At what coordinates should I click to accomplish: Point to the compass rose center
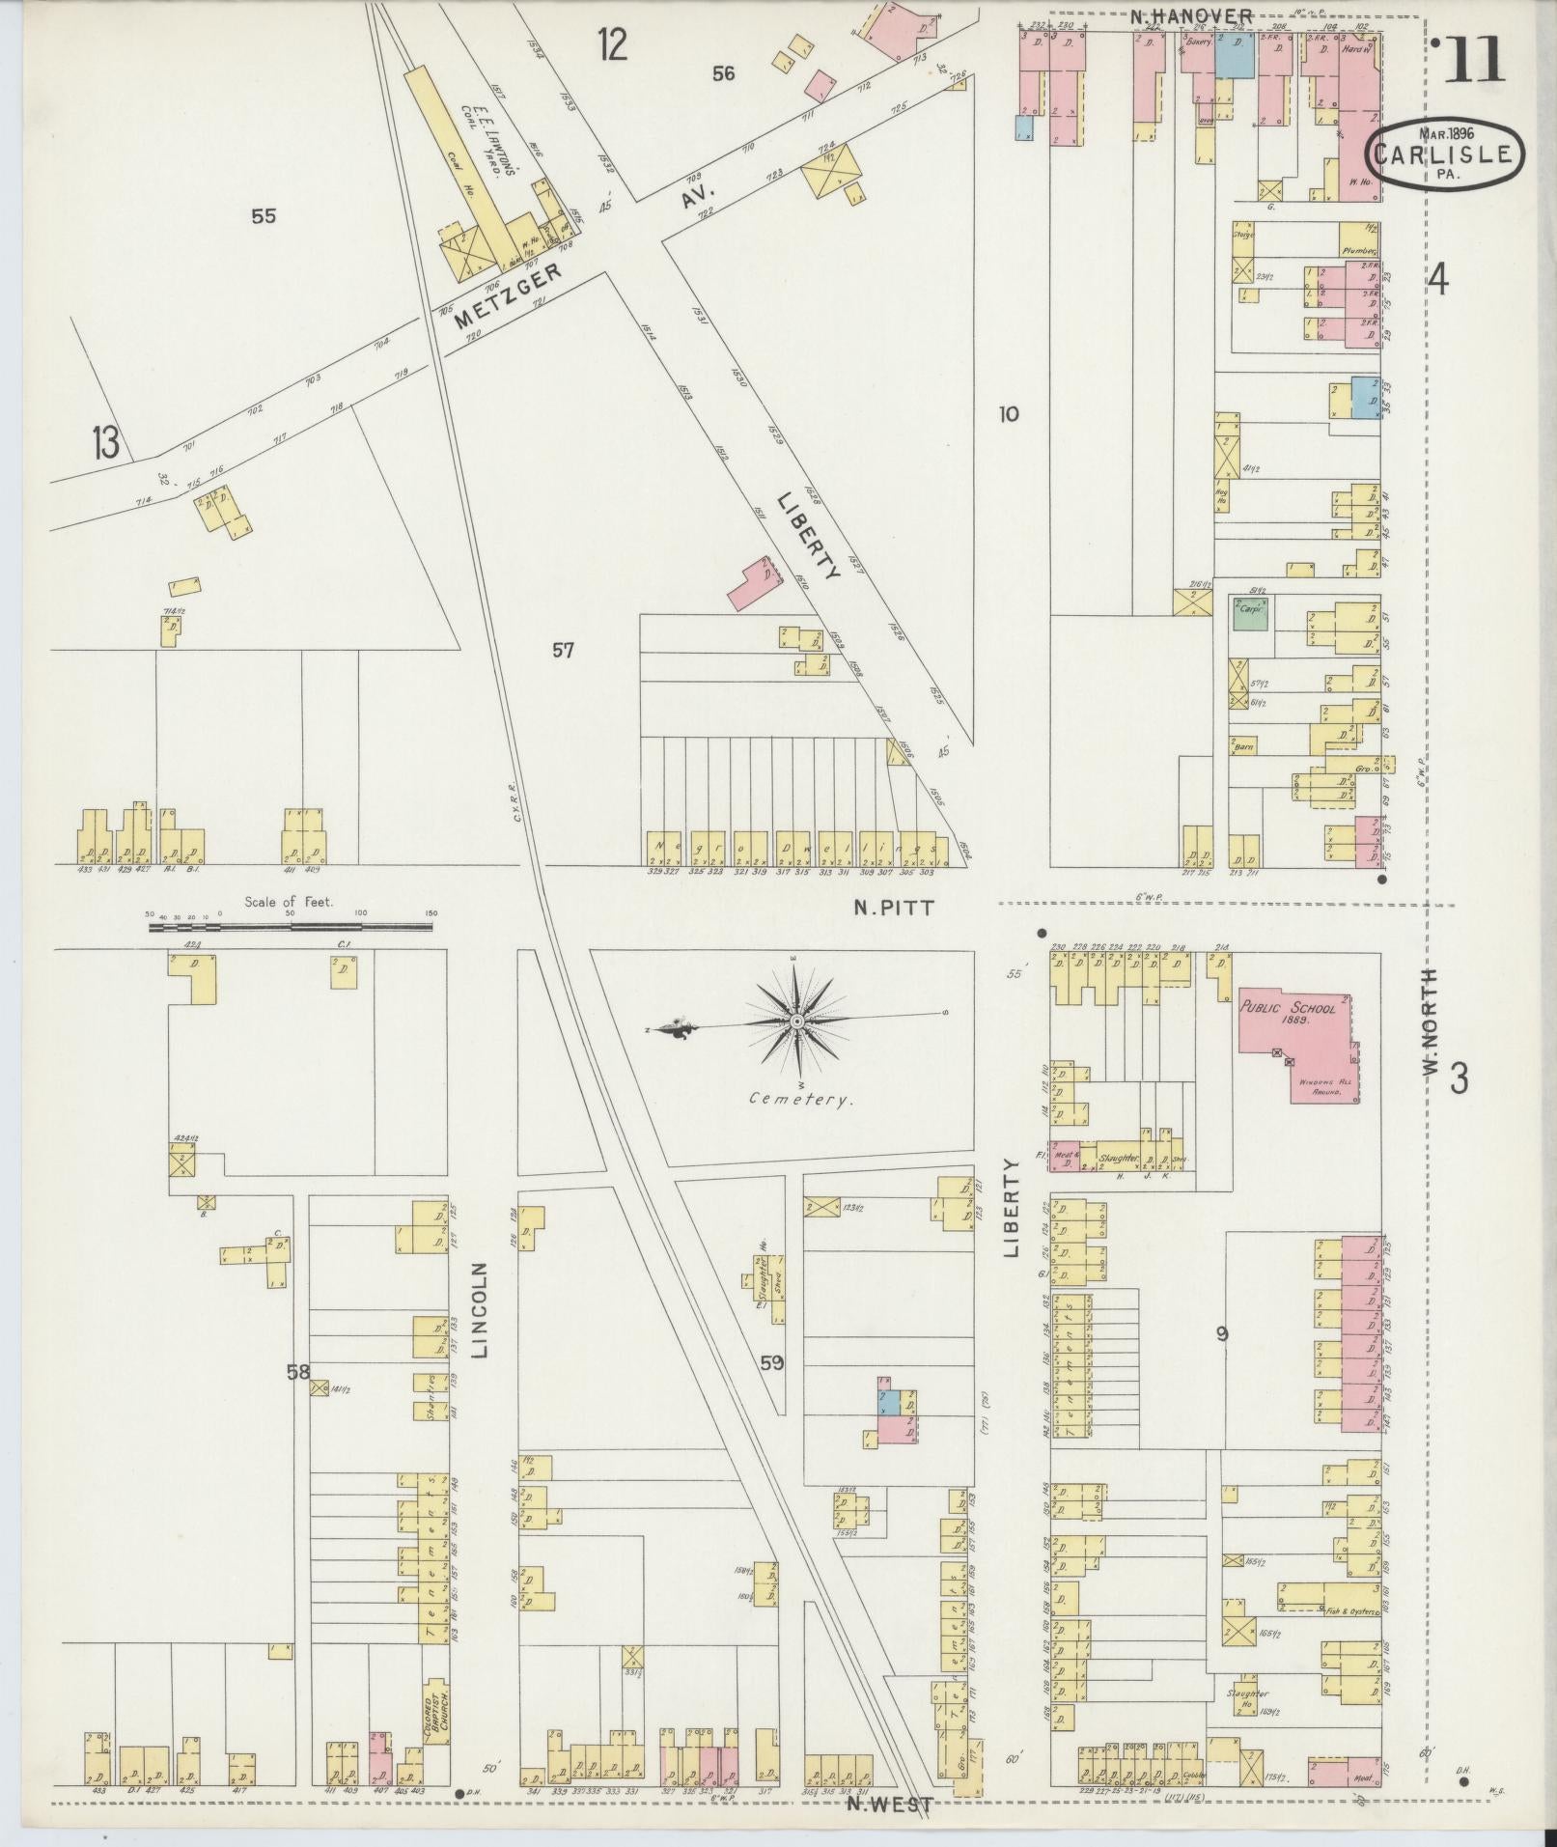[797, 1021]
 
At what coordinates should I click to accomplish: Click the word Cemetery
[800, 1099]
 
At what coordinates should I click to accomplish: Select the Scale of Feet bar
[290, 927]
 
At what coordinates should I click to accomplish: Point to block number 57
[563, 651]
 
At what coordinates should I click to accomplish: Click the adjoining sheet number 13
[105, 443]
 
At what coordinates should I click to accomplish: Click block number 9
[1222, 1334]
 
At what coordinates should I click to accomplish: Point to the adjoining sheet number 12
[612, 44]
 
